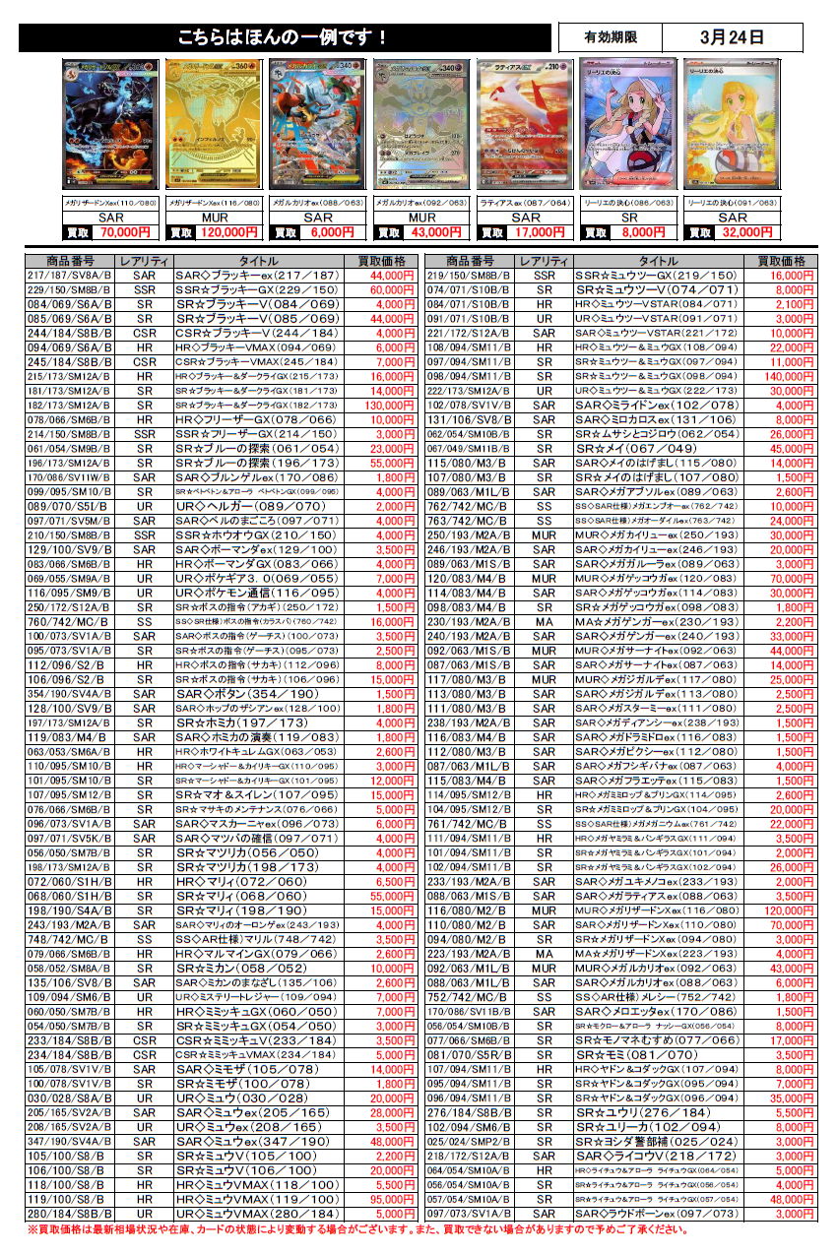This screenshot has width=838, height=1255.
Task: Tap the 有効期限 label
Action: (x=610, y=37)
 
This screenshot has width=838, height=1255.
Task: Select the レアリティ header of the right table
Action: (x=545, y=261)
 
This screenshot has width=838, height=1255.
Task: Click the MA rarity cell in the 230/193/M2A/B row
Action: (x=545, y=621)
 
